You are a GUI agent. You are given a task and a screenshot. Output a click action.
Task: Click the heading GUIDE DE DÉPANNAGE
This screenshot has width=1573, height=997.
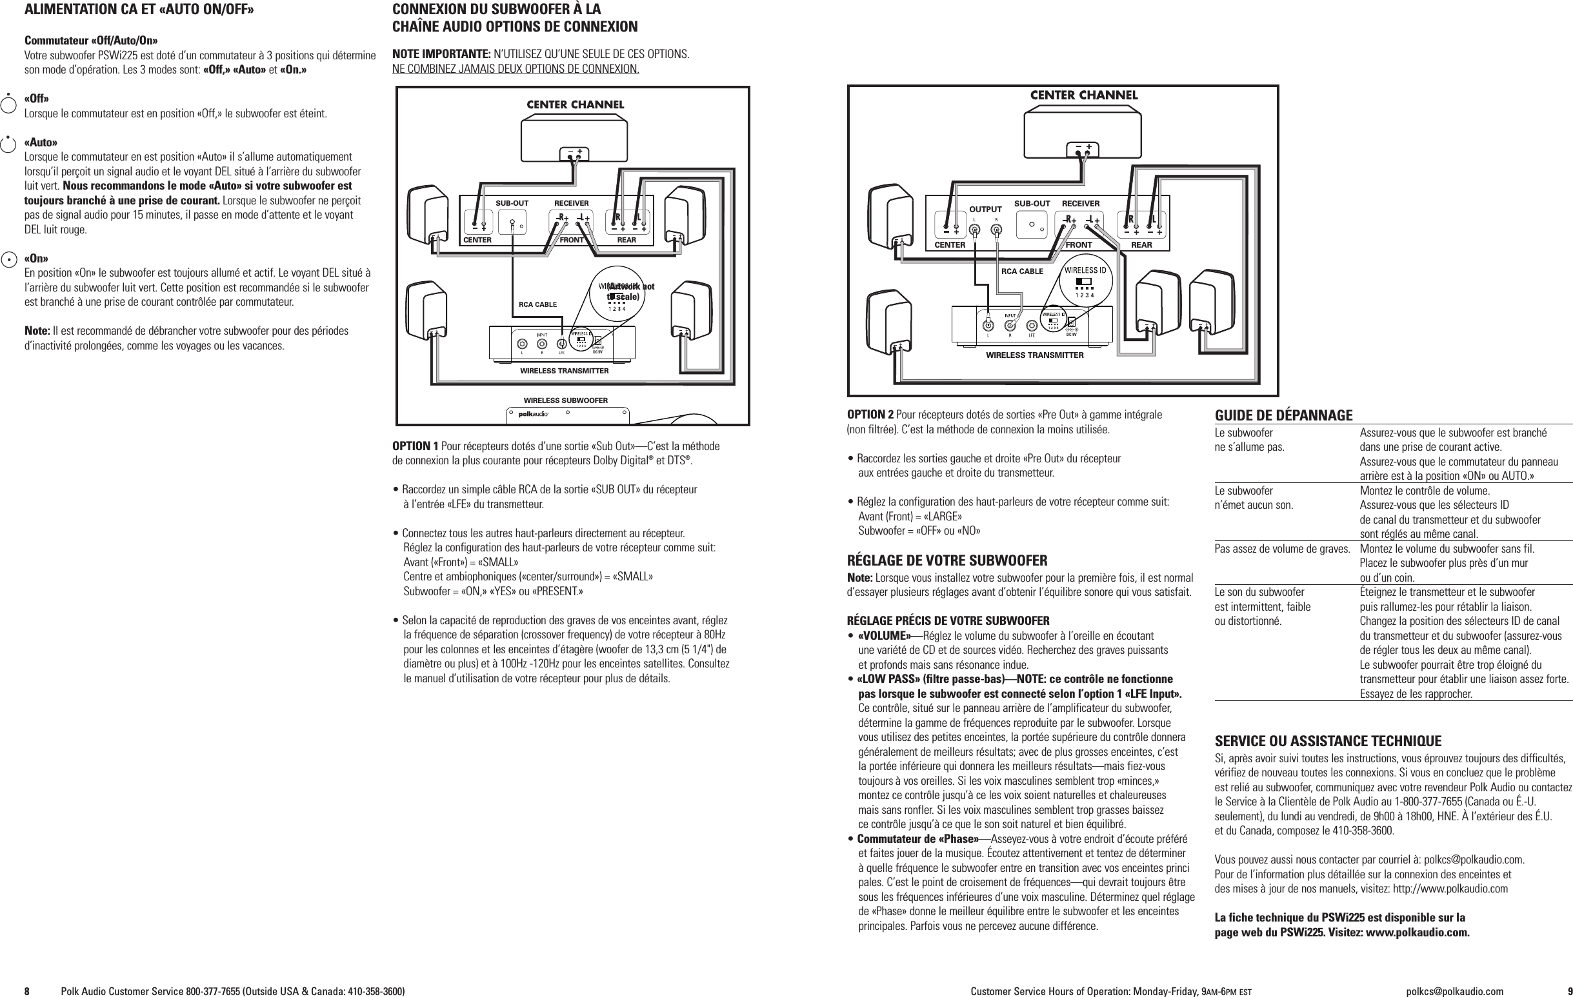[x=1283, y=416]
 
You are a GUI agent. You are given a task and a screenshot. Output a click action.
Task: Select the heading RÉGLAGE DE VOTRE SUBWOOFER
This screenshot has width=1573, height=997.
[x=947, y=560]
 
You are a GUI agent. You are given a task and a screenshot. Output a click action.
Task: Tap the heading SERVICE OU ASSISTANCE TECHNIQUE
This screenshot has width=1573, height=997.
[x=1328, y=741]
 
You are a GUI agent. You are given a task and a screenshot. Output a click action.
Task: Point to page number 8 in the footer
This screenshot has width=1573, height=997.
[x=28, y=991]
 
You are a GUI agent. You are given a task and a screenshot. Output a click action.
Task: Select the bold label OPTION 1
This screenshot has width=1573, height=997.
[x=415, y=447]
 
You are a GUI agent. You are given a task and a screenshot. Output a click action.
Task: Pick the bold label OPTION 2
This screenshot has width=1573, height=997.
[x=870, y=415]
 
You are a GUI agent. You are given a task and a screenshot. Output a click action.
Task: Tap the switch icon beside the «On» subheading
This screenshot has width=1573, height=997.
[x=8, y=259]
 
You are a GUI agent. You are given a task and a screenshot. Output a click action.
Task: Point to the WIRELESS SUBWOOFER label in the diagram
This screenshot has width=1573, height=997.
[x=565, y=400]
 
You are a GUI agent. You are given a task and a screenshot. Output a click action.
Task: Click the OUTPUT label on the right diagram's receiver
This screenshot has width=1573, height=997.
[x=985, y=210]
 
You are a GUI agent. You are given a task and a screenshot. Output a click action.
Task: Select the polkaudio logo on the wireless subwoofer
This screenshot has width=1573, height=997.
[x=533, y=414]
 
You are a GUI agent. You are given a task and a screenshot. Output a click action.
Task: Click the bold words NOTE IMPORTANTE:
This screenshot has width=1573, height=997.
[x=441, y=54]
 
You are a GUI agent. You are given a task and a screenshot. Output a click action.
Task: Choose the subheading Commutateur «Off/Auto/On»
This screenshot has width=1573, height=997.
[x=91, y=41]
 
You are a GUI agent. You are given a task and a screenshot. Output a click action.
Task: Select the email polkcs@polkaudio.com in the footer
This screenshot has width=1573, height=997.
[x=1454, y=991]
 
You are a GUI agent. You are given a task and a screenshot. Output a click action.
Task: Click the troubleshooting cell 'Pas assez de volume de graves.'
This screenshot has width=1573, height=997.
[x=1281, y=548]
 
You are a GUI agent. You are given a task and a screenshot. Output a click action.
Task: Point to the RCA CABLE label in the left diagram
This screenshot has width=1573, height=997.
[x=537, y=304]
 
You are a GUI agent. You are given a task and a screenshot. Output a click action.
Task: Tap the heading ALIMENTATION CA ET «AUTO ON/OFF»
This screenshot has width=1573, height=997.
[x=139, y=10]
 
